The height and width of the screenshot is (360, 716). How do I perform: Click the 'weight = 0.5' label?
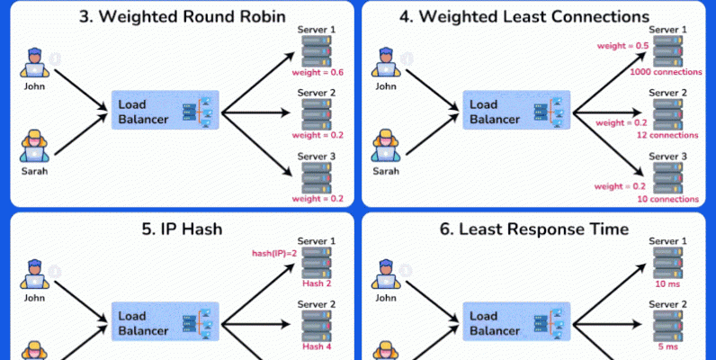pyautogui.click(x=619, y=45)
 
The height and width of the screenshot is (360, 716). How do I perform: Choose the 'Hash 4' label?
pyautogui.click(x=318, y=346)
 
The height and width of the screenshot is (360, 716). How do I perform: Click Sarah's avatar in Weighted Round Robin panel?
pyautogui.click(x=34, y=144)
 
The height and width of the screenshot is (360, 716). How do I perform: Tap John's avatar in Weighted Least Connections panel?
pyautogui.click(x=385, y=63)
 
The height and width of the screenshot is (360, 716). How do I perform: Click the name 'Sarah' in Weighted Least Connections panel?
pyautogui.click(x=385, y=170)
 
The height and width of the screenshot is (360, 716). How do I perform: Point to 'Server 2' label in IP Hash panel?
pyautogui.click(x=316, y=304)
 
